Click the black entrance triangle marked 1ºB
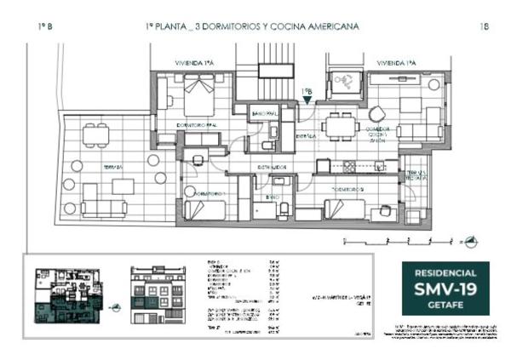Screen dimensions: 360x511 click(x=307, y=100)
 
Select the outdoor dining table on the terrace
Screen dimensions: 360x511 click(x=95, y=134)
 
